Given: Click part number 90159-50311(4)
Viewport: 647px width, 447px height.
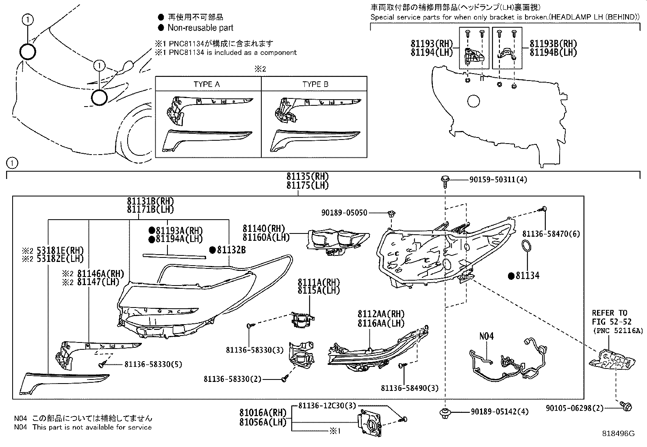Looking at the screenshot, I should click(x=493, y=179).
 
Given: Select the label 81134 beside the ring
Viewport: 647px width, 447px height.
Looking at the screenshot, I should click(x=527, y=276).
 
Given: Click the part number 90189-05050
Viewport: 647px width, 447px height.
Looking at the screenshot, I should click(x=344, y=213).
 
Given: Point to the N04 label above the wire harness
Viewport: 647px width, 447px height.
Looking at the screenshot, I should click(x=486, y=336).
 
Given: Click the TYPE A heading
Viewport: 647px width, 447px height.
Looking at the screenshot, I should click(x=206, y=84).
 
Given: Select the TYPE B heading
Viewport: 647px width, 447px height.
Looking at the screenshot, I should click(x=315, y=84).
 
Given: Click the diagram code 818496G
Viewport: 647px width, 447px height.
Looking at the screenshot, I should click(x=618, y=434).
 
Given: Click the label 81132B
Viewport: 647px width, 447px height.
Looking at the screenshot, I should click(x=231, y=250).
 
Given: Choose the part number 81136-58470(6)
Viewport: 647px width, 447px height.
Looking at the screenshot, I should click(x=551, y=234).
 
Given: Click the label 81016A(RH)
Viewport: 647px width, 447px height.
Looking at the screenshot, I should click(x=263, y=413).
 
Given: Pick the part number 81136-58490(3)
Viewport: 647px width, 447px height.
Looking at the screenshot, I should click(x=410, y=388).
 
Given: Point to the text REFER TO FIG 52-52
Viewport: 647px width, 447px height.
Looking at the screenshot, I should click(x=609, y=317).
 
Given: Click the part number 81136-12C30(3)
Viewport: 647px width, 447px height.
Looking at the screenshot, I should click(x=327, y=406).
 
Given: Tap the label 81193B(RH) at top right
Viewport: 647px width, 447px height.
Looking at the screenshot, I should click(x=554, y=44).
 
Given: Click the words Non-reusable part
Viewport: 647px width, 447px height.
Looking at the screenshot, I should click(x=200, y=28).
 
